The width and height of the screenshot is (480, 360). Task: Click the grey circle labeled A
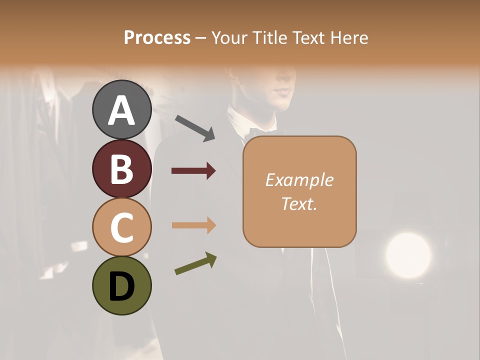click(x=121, y=109)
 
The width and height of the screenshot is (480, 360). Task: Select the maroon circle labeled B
click(x=121, y=168)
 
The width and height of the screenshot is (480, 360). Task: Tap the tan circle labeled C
click(x=121, y=227)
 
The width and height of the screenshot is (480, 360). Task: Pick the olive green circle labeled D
click(x=121, y=285)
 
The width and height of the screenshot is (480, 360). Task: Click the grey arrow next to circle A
click(x=194, y=127)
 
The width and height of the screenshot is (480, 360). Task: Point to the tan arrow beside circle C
click(x=193, y=225)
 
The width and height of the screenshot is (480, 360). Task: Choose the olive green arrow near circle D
click(x=195, y=263)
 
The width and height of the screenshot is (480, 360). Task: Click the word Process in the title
click(x=157, y=37)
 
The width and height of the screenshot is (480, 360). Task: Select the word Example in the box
click(x=299, y=180)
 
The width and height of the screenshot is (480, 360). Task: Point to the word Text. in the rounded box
click(x=299, y=203)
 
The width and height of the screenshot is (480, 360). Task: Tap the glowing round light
click(x=408, y=254)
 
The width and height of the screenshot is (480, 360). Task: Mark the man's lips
click(x=284, y=91)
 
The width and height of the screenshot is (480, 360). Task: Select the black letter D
click(x=121, y=286)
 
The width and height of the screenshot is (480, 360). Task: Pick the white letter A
click(x=121, y=110)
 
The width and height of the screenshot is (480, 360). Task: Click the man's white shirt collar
click(x=239, y=120)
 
